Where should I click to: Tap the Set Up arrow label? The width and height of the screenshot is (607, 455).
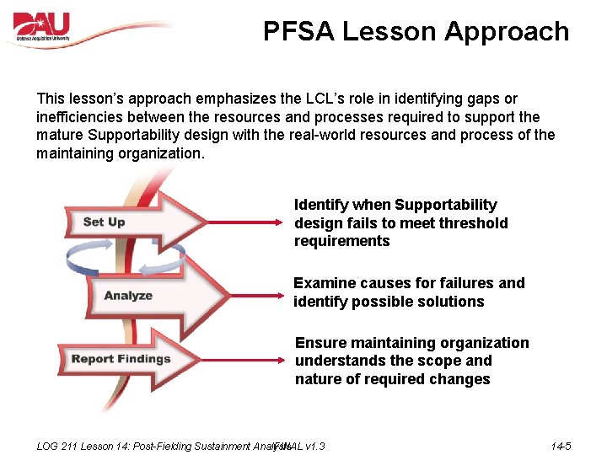105,222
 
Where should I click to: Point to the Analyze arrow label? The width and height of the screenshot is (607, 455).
128,295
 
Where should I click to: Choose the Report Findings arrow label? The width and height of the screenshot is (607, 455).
121,359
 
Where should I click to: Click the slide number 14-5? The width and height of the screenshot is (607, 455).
561,446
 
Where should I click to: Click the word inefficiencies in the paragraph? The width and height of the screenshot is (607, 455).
83,117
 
